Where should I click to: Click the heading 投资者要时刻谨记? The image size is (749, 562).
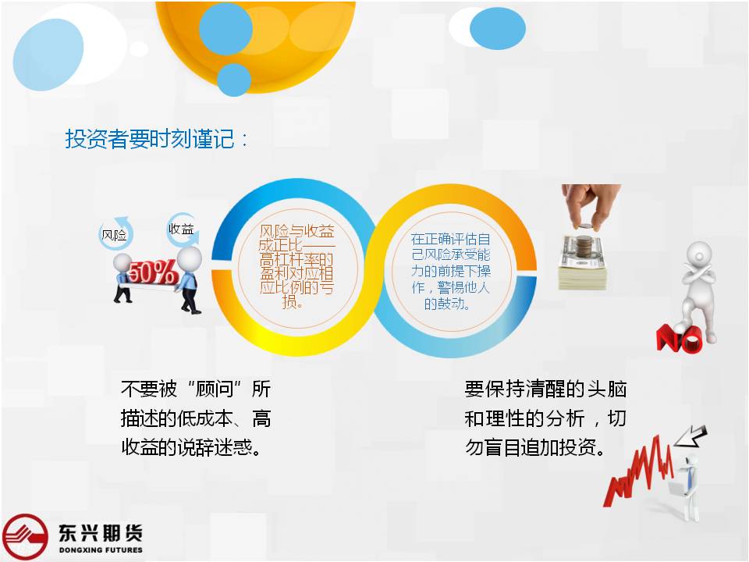pyautogui.click(x=150, y=139)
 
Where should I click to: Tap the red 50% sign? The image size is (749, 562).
pyautogui.click(x=152, y=273)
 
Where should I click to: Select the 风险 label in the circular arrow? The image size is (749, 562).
pyautogui.click(x=114, y=235)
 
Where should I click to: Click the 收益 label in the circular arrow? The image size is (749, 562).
pyautogui.click(x=181, y=229)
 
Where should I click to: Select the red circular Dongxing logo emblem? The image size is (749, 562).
pyautogui.click(x=25, y=537)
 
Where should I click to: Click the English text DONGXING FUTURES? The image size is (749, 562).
pyautogui.click(x=101, y=550)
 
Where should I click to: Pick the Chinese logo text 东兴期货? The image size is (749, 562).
pyautogui.click(x=101, y=533)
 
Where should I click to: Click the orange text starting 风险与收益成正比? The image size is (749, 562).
pyautogui.click(x=296, y=266)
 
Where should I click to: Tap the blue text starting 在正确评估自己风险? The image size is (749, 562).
pyautogui.click(x=450, y=271)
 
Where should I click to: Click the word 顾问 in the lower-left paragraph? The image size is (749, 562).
pyautogui.click(x=215, y=389)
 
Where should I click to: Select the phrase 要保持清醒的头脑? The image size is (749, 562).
pyautogui.click(x=545, y=389)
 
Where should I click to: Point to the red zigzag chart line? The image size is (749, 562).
pyautogui.click(x=640, y=471)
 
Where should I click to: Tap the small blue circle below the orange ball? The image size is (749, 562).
pyautogui.click(x=234, y=80)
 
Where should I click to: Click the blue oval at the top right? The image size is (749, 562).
pyautogui.click(x=497, y=29)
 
